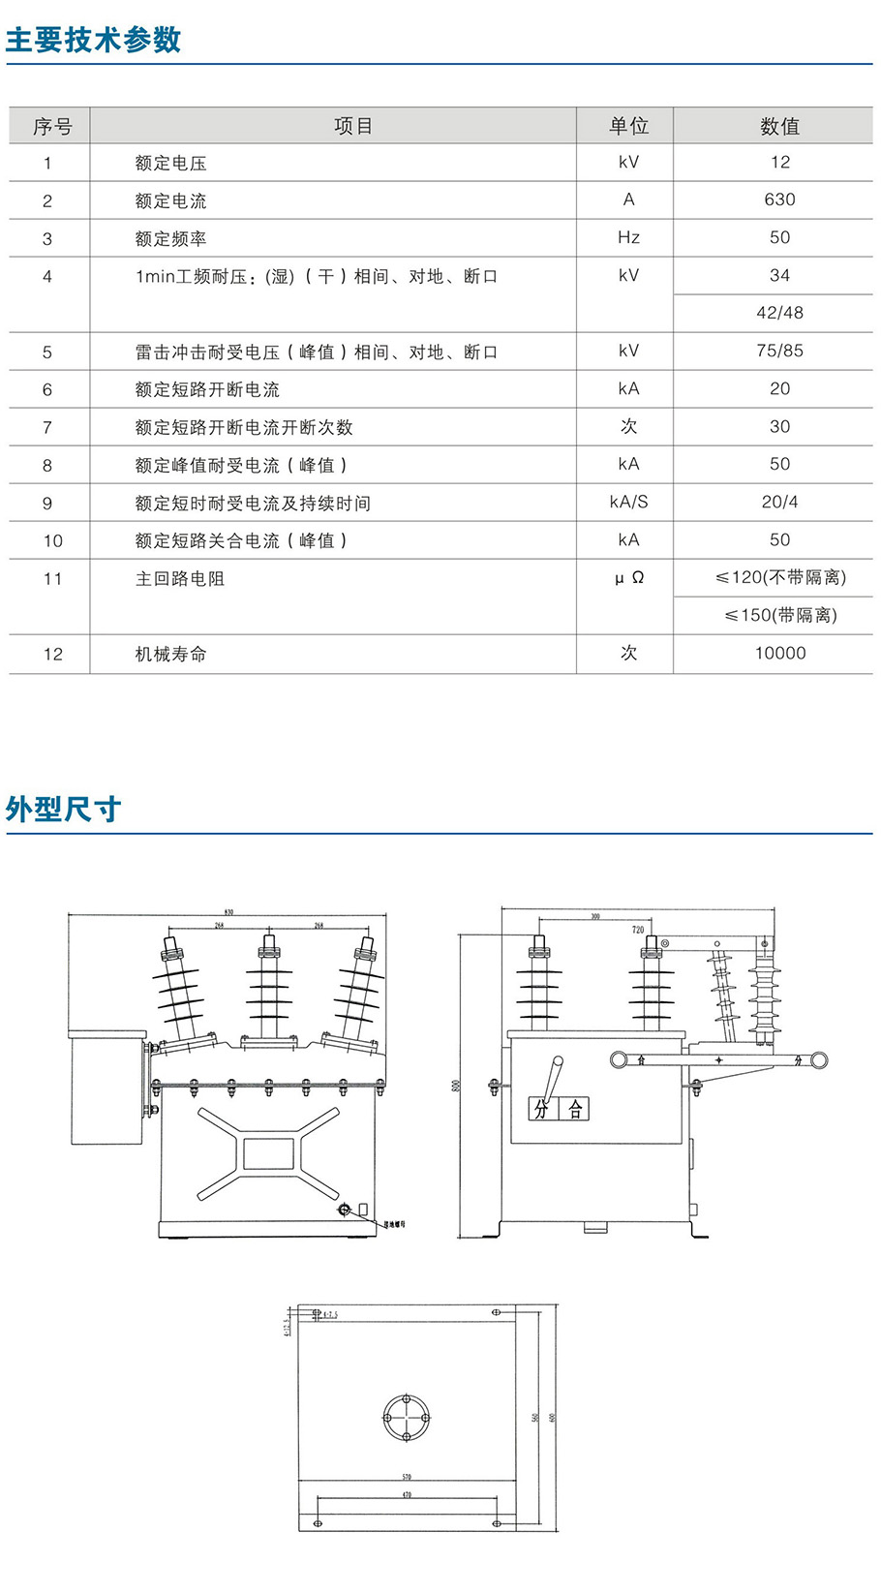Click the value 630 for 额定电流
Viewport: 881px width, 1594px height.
[779, 199]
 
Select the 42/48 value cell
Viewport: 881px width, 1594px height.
[779, 313]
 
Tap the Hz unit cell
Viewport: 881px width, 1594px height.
[628, 237]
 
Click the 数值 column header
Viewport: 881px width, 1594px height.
[779, 126]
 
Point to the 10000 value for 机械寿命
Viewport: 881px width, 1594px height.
[779, 654]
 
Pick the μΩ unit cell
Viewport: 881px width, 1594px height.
[628, 578]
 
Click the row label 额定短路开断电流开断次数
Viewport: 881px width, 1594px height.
[244, 427]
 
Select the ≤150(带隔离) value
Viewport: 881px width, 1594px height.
[780, 615]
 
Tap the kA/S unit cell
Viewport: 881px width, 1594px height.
[628, 503]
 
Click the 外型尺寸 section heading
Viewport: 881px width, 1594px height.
[64, 809]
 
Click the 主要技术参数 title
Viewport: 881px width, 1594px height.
[94, 40]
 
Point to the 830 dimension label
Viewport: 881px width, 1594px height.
[228, 912]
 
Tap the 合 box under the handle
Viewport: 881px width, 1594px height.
[575, 1109]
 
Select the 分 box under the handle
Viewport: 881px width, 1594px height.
[541, 1109]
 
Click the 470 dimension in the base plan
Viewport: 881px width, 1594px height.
[407, 1495]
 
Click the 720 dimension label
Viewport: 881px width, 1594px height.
[638, 930]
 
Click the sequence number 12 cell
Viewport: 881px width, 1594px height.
[52, 655]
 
